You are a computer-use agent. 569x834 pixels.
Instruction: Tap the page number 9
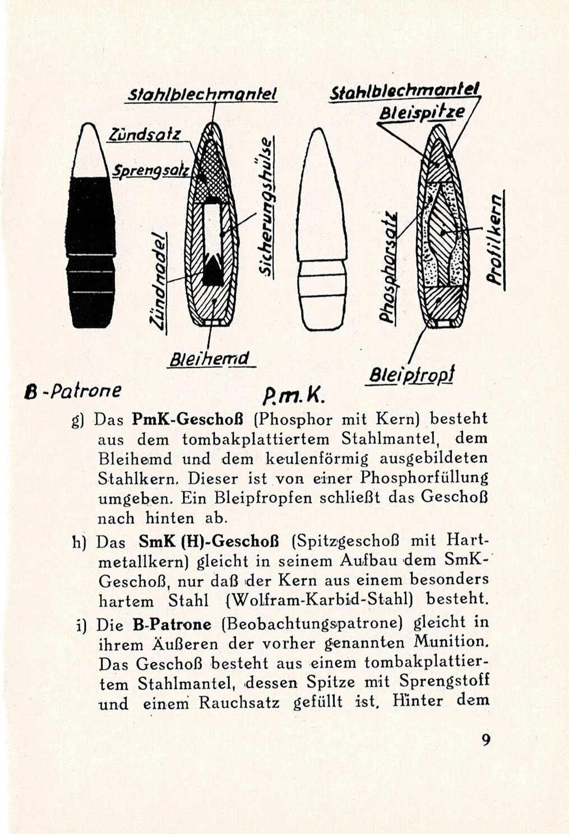(486, 739)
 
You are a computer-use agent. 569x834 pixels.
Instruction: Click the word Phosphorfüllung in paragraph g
(424, 478)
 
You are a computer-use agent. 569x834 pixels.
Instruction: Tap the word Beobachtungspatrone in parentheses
(313, 623)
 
